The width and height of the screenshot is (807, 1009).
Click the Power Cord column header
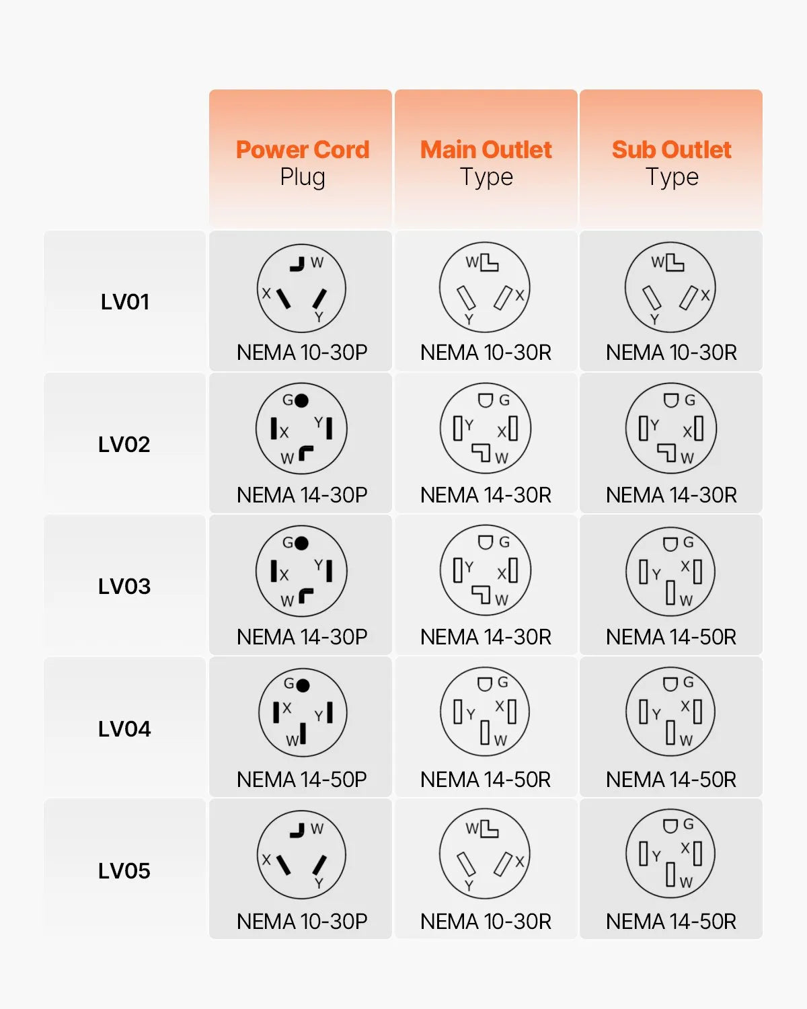303,150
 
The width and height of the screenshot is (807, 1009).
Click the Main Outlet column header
486,150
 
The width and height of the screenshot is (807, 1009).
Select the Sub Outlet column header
671,150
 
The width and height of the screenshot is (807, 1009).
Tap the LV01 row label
124,301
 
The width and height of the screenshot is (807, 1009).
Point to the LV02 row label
124,444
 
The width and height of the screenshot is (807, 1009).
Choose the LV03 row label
124,586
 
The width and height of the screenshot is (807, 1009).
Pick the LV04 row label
124,728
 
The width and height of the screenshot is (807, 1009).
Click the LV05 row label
124,870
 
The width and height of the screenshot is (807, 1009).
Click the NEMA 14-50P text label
302,780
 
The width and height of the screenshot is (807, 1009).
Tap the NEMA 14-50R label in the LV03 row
671,637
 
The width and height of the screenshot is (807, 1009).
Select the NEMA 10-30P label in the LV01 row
302,352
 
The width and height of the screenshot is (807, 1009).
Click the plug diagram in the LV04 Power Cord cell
303,712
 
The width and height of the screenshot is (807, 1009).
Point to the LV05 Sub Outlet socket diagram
670,854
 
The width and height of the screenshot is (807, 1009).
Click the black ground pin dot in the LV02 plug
301,400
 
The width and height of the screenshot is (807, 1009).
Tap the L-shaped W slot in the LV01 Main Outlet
490,264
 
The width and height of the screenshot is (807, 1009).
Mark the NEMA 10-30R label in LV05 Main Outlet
486,922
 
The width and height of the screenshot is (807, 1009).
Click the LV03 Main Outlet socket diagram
486,570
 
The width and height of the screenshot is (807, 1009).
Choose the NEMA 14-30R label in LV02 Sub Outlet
671,495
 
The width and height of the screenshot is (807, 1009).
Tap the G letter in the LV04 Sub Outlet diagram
689,682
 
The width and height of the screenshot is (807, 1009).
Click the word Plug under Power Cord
303,178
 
